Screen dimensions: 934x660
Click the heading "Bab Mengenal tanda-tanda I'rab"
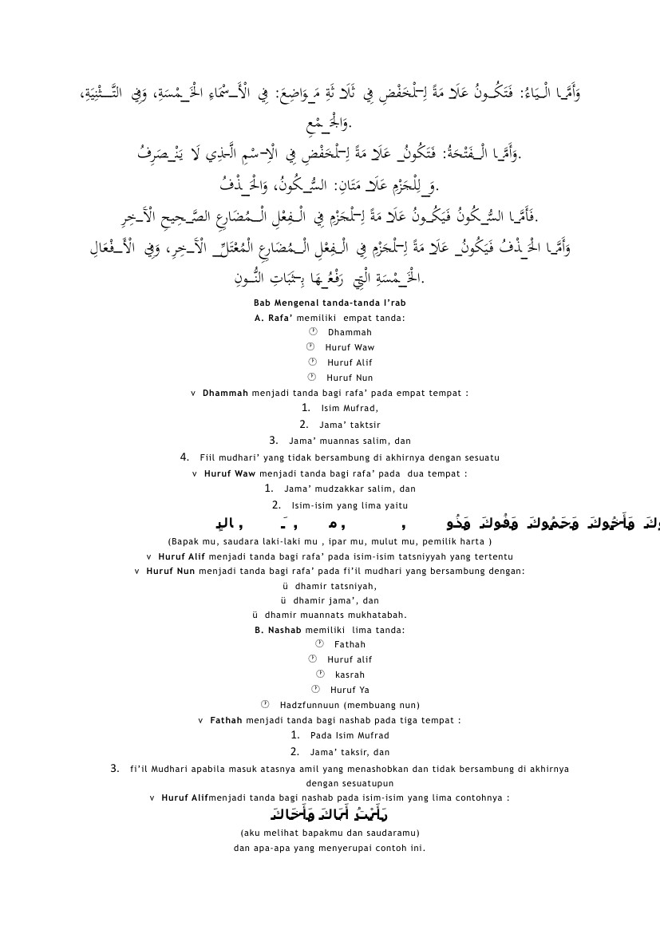(x=330, y=303)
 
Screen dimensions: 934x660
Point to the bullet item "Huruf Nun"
(x=350, y=378)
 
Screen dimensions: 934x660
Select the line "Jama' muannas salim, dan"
(x=350, y=441)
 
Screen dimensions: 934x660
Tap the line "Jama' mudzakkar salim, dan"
(x=350, y=489)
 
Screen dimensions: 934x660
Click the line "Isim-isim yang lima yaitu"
(x=350, y=505)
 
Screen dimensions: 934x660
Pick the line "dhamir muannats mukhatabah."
(x=335, y=615)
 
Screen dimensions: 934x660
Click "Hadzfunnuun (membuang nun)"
(x=350, y=705)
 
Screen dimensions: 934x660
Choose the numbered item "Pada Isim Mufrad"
(x=350, y=735)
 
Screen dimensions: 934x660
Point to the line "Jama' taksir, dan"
(x=350, y=752)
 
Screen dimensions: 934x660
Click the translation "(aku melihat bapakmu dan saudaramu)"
(x=330, y=833)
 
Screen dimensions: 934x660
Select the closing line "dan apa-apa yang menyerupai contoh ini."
(x=330, y=848)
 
